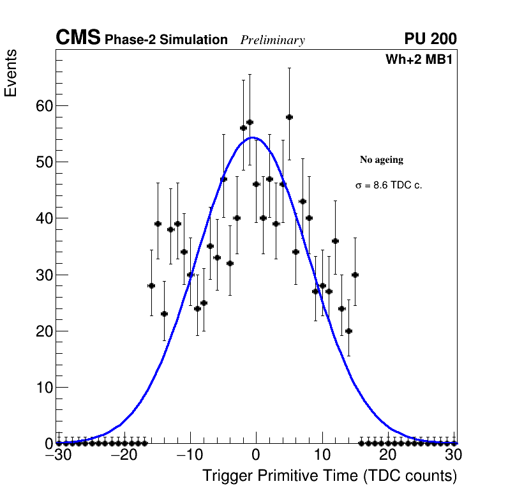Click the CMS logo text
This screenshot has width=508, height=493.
pyautogui.click(x=78, y=38)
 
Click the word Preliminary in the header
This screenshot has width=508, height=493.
pyautogui.click(x=273, y=40)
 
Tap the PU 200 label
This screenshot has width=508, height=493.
pyautogui.click(x=430, y=39)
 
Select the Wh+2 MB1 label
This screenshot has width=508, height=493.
pyautogui.click(x=419, y=59)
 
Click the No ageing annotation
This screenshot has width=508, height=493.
pyautogui.click(x=382, y=160)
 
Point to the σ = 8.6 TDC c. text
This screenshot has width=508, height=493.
pyautogui.click(x=389, y=185)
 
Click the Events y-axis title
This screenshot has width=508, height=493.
pyautogui.click(x=11, y=73)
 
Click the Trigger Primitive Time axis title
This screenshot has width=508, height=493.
pyautogui.click(x=330, y=476)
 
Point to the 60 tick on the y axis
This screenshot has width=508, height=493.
pyautogui.click(x=43, y=106)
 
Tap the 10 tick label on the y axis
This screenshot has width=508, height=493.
pyautogui.click(x=43, y=388)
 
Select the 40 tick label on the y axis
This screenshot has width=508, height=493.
pyautogui.click(x=43, y=218)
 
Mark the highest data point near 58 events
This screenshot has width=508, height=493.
pyautogui.click(x=289, y=117)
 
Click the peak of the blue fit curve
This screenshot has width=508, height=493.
pyautogui.click(x=252, y=137)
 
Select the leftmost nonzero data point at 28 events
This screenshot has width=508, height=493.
pyautogui.click(x=151, y=285)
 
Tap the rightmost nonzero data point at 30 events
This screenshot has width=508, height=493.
pyautogui.click(x=355, y=275)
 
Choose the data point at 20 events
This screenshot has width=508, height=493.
pyautogui.click(x=348, y=331)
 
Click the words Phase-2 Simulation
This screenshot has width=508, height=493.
pyautogui.click(x=166, y=40)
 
